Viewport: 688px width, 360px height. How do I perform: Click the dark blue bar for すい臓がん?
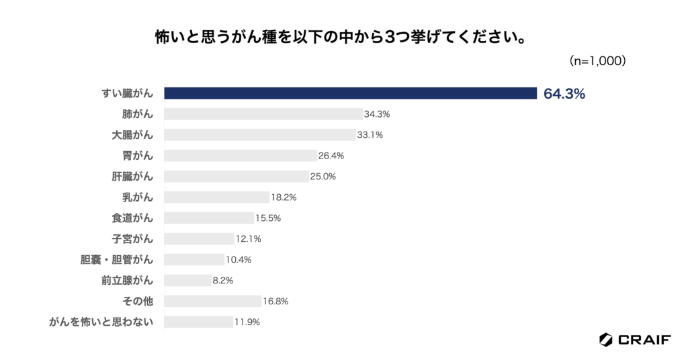coord(350,93)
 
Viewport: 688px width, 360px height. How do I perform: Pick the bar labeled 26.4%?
coord(241,156)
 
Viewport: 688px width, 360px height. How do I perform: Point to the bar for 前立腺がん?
coord(187,281)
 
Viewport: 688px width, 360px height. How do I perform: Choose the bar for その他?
coord(212,302)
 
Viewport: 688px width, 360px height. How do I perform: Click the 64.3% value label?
coord(564,94)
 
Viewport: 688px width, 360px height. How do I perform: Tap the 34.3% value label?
coord(377,114)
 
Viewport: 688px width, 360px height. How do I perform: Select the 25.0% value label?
coord(323,177)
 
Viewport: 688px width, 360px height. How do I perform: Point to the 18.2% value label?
coord(284,197)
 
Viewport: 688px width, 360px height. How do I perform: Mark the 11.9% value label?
coord(247,322)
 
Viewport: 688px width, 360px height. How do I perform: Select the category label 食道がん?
coord(132,218)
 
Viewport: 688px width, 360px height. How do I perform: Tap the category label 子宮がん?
coord(132,239)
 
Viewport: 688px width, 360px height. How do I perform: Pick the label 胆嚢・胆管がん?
coord(117,260)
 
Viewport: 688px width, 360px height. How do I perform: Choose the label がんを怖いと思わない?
coord(101,322)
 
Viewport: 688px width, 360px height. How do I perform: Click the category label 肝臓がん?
coord(132,177)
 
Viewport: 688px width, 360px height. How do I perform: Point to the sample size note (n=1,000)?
coord(598,60)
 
